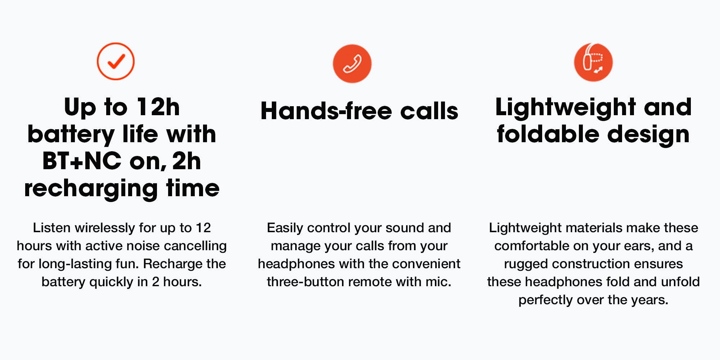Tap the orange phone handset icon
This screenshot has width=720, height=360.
352,64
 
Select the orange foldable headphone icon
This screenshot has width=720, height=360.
593,62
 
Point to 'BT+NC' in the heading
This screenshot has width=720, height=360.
82,161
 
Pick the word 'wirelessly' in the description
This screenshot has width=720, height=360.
105,228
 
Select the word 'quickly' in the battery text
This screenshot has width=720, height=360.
111,282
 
